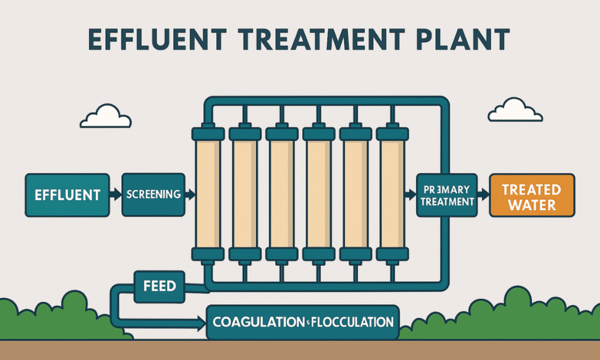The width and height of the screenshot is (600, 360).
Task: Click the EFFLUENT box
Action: [67, 195]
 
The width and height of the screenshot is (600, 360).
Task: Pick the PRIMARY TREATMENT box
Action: [446, 195]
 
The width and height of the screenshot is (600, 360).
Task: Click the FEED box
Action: [159, 286]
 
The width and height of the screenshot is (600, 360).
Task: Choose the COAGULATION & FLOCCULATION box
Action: [302, 322]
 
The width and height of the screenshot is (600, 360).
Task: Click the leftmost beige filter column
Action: [207, 194]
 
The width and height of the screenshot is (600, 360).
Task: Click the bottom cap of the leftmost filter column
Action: [207, 254]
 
